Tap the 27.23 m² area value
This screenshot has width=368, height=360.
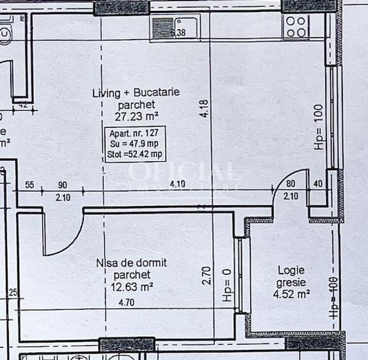pos(136,116)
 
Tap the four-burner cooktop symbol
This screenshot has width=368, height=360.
pos(296,26)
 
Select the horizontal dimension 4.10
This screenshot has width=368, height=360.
pos(177,185)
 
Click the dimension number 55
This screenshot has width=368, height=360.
pos(29,185)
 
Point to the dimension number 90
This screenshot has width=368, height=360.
pos(63,185)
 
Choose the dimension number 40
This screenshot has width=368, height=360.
pos(319,185)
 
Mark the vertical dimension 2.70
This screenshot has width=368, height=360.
pos(206,276)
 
